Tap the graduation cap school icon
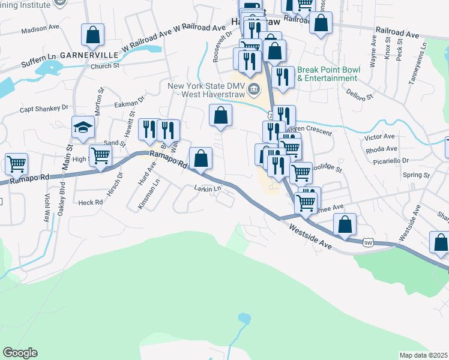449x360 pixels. coord(83,127)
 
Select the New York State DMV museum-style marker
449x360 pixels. coord(255,90)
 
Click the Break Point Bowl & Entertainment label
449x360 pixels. coord(328,74)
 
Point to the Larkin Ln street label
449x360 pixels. coord(208,188)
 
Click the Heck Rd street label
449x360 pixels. coord(90,203)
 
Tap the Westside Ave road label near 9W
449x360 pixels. coord(310,237)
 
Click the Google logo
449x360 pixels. coord(20,353)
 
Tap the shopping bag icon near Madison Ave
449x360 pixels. coord(92,35)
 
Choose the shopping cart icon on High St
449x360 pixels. coord(100,155)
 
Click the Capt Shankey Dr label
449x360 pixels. coord(44,109)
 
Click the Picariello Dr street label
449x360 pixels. coord(387,161)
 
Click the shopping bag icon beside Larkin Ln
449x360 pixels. coord(201,158)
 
